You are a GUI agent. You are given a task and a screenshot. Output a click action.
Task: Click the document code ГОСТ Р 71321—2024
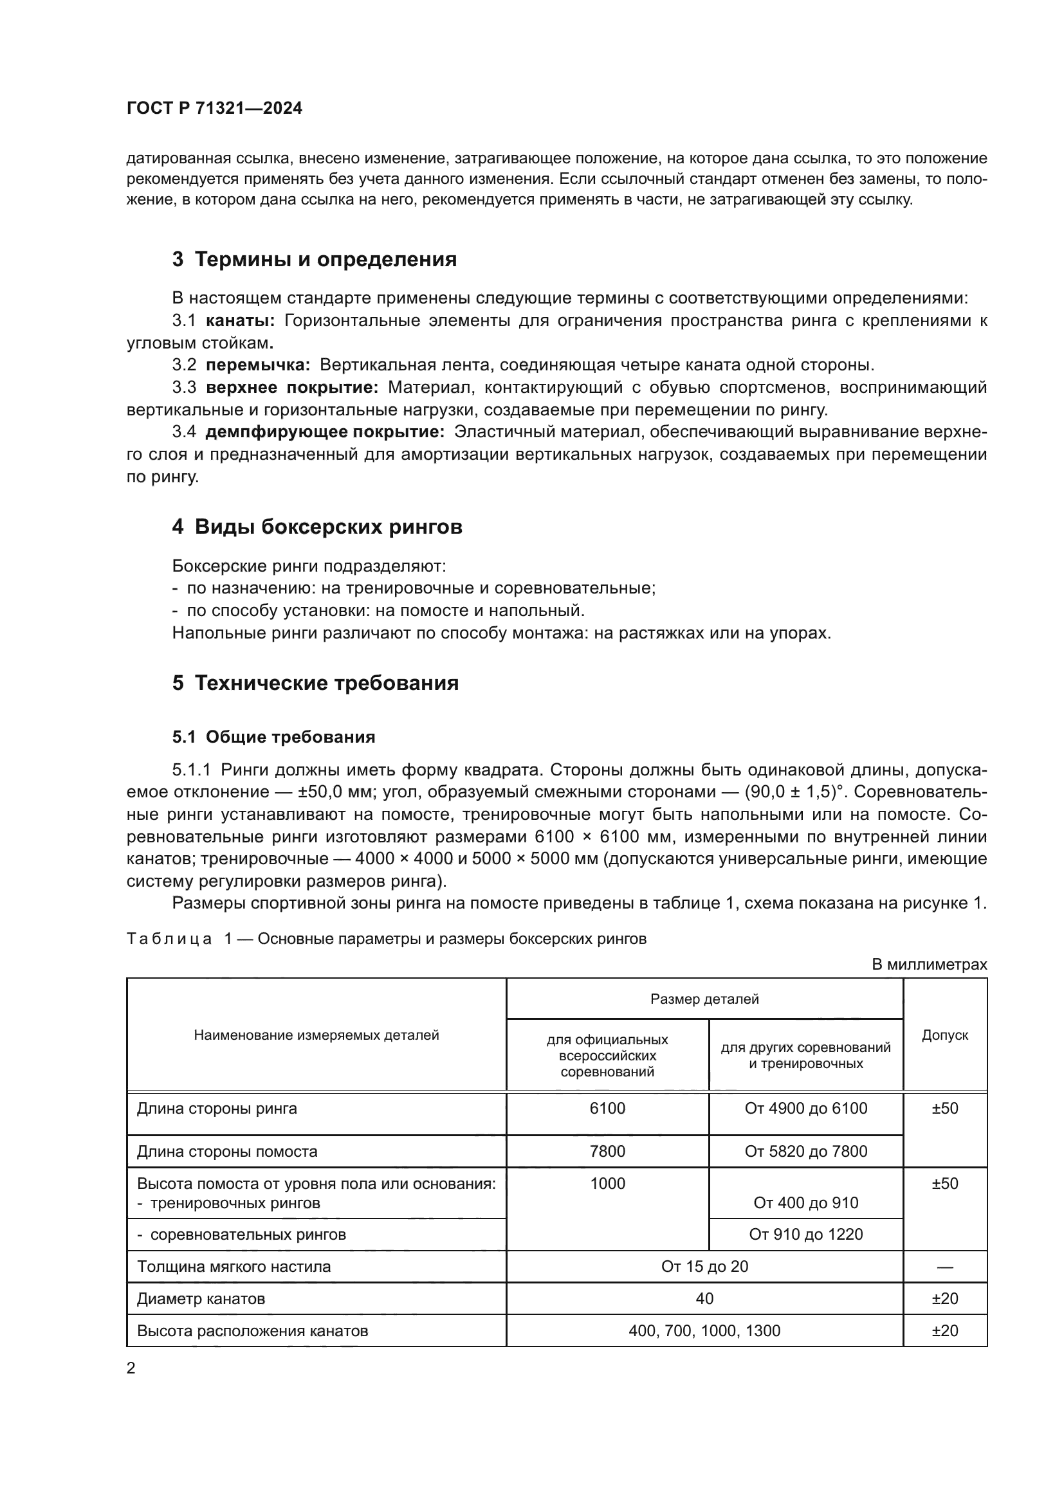pyautogui.click(x=214, y=109)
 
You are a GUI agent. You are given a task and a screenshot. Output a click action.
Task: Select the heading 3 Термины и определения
pyautogui.click(x=315, y=259)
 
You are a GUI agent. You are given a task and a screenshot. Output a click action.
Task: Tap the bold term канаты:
pyautogui.click(x=241, y=321)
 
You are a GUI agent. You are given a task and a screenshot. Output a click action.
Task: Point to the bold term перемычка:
pyautogui.click(x=257, y=365)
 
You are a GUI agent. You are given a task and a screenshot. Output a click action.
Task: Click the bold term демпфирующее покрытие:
pyautogui.click(x=325, y=432)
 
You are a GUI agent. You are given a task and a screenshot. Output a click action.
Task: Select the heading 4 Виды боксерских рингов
pyautogui.click(x=317, y=527)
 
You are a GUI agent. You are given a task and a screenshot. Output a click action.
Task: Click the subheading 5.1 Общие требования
pyautogui.click(x=273, y=737)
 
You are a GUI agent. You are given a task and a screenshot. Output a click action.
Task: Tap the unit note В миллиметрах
pyautogui.click(x=929, y=965)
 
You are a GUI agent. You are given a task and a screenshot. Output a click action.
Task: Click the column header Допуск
pyautogui.click(x=945, y=1035)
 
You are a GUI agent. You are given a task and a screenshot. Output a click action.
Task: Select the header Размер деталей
pyautogui.click(x=704, y=999)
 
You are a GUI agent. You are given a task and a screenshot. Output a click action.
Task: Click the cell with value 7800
pyautogui.click(x=607, y=1151)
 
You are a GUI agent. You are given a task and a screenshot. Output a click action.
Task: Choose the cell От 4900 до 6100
pyautogui.click(x=806, y=1109)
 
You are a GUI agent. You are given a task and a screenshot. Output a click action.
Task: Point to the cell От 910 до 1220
pyautogui.click(x=806, y=1234)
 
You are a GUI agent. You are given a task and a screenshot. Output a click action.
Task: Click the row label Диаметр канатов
pyautogui.click(x=201, y=1298)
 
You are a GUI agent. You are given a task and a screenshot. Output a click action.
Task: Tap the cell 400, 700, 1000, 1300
pyautogui.click(x=704, y=1330)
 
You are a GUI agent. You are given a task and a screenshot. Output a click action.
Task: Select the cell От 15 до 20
pyautogui.click(x=704, y=1266)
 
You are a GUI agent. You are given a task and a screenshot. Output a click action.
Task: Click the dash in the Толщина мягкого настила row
pyautogui.click(x=945, y=1267)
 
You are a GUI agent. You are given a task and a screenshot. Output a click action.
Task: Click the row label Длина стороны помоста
pyautogui.click(x=226, y=1151)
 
